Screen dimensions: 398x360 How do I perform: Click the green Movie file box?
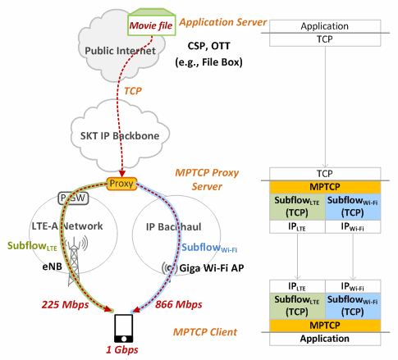(x=152, y=22)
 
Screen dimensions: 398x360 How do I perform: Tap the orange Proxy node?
(x=121, y=184)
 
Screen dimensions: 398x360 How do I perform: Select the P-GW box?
(x=73, y=198)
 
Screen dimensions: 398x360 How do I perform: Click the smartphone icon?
(x=124, y=328)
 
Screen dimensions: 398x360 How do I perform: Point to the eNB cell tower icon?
(x=74, y=262)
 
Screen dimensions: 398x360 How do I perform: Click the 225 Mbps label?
(x=65, y=304)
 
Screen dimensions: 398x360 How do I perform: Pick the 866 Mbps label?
(x=179, y=304)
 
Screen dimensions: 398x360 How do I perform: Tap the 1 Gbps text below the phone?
(x=122, y=349)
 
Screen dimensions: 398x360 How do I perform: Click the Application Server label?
(x=222, y=22)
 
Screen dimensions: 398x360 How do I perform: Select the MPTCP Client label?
(x=205, y=332)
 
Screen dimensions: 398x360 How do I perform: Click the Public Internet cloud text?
(x=120, y=51)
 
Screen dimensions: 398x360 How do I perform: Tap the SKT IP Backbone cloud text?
(x=120, y=136)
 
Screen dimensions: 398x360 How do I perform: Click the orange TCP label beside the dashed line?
(x=133, y=91)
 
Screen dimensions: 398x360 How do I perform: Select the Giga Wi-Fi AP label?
(x=212, y=268)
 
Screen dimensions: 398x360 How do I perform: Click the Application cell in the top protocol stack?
(x=325, y=26)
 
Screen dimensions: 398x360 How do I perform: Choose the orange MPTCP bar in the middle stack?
(x=325, y=187)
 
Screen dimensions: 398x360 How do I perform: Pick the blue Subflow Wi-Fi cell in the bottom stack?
(x=353, y=306)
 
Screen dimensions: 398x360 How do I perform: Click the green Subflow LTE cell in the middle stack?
(x=297, y=207)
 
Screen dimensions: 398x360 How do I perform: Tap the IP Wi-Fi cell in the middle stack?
(x=353, y=226)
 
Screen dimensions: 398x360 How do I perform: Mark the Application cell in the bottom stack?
(x=325, y=339)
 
